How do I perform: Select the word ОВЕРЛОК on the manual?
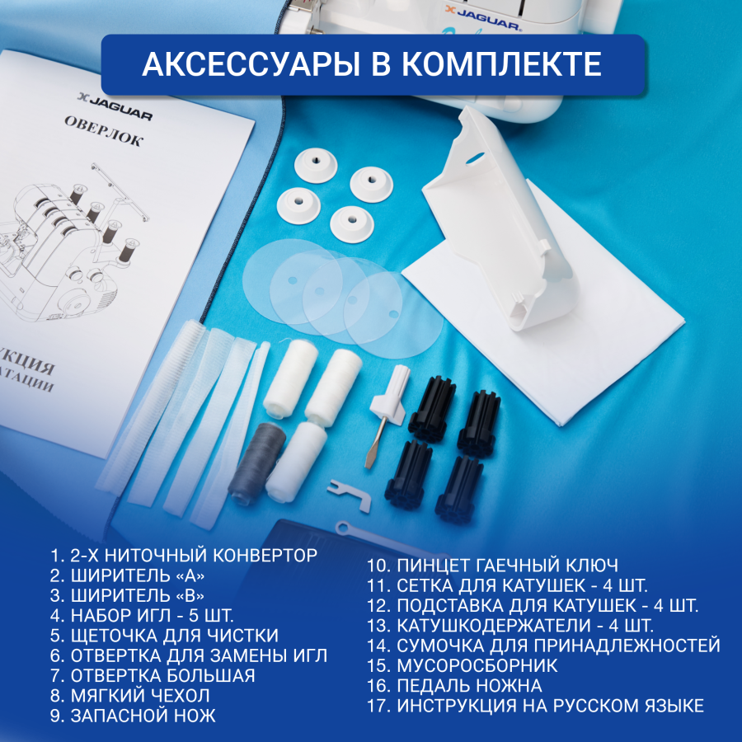104,131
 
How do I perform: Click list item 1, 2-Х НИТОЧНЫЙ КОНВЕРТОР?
183,555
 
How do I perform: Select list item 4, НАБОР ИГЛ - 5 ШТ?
142,614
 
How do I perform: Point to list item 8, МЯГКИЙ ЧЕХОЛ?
129,695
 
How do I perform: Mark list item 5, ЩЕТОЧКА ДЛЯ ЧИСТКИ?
163,635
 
